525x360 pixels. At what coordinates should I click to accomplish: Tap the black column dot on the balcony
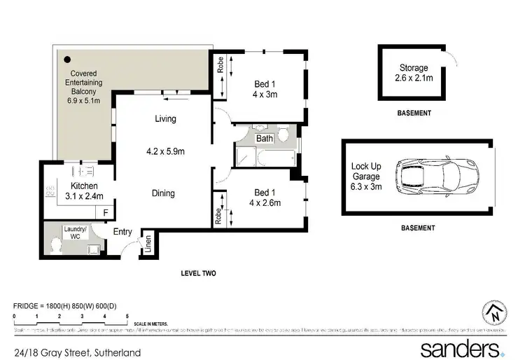68,60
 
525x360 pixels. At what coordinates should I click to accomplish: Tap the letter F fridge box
106,211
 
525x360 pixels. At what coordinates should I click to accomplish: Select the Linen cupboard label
148,243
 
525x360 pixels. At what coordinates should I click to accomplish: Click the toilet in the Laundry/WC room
56,246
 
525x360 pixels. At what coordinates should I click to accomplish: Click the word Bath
264,139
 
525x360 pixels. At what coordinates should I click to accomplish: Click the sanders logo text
458,348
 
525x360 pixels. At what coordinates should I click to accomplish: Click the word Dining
163,193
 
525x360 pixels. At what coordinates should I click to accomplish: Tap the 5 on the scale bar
127,317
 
